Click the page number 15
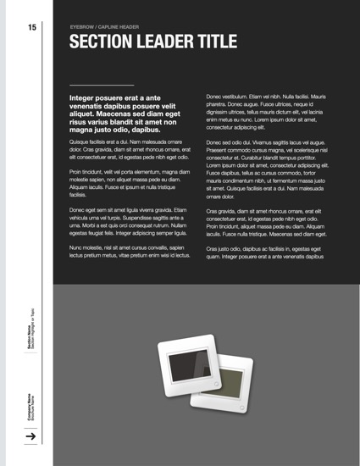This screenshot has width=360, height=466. coord(31,28)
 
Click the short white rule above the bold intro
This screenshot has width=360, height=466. coord(102,86)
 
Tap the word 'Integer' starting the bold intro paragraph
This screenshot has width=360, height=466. coord(86,99)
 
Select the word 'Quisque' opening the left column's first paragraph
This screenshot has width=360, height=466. coord(81,142)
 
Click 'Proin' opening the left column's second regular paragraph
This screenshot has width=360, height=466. coord(77,172)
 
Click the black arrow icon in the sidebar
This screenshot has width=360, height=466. coord(30,437)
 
